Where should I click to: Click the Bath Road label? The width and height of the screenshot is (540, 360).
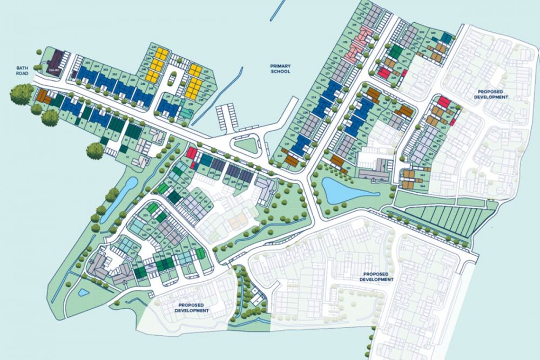click(x=22, y=71)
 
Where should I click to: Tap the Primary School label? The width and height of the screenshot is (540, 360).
click(x=280, y=69)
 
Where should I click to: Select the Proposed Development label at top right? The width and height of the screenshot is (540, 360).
click(x=491, y=94)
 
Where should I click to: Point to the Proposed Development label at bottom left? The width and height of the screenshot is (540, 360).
click(x=192, y=308)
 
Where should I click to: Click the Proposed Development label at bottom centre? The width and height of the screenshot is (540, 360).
click(x=378, y=276)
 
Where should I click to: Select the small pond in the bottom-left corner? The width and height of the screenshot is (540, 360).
click(x=83, y=293)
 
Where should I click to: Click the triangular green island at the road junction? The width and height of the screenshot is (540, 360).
click(x=245, y=144)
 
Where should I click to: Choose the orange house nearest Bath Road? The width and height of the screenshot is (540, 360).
click(x=43, y=98)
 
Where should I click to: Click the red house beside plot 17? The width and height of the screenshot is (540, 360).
click(x=192, y=153)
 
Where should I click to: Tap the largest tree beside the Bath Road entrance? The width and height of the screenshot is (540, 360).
click(x=21, y=94)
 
